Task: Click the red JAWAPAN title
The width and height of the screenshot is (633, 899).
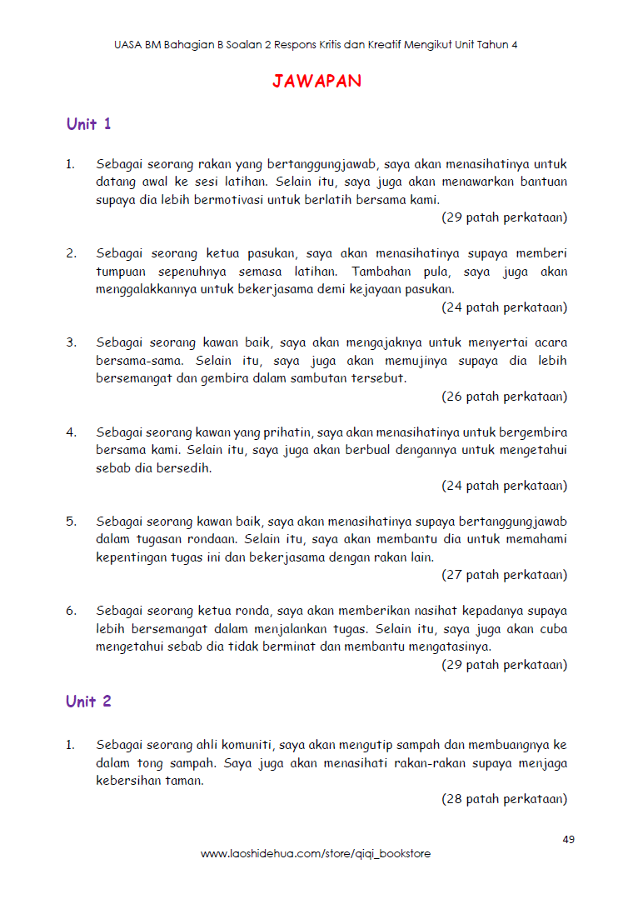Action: click(x=316, y=81)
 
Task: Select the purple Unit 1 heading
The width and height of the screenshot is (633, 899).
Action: click(x=88, y=124)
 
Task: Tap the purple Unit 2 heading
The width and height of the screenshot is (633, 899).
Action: click(x=88, y=701)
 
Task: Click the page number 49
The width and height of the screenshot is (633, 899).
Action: click(x=568, y=839)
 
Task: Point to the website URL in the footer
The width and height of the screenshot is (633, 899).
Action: click(x=316, y=854)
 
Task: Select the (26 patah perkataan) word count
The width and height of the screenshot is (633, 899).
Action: click(x=504, y=397)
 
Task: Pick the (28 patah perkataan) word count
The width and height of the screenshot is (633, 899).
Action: click(x=504, y=799)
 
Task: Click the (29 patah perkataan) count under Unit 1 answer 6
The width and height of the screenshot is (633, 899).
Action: click(x=504, y=665)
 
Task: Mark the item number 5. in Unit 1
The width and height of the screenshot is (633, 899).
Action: click(x=71, y=522)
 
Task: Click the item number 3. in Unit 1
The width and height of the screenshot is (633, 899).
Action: click(x=71, y=342)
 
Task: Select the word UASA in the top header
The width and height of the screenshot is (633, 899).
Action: click(x=129, y=45)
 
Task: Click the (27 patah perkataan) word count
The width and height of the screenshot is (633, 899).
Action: click(x=504, y=575)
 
